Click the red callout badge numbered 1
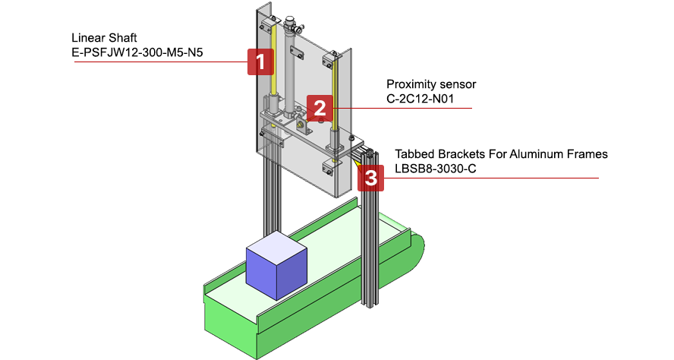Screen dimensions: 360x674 click(x=260, y=62)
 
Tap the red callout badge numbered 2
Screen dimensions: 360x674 click(x=320, y=107)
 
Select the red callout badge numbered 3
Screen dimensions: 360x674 click(x=370, y=178)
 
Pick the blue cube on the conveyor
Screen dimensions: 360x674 click(x=276, y=270)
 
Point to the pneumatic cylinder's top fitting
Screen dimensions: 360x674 click(x=292, y=18)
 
